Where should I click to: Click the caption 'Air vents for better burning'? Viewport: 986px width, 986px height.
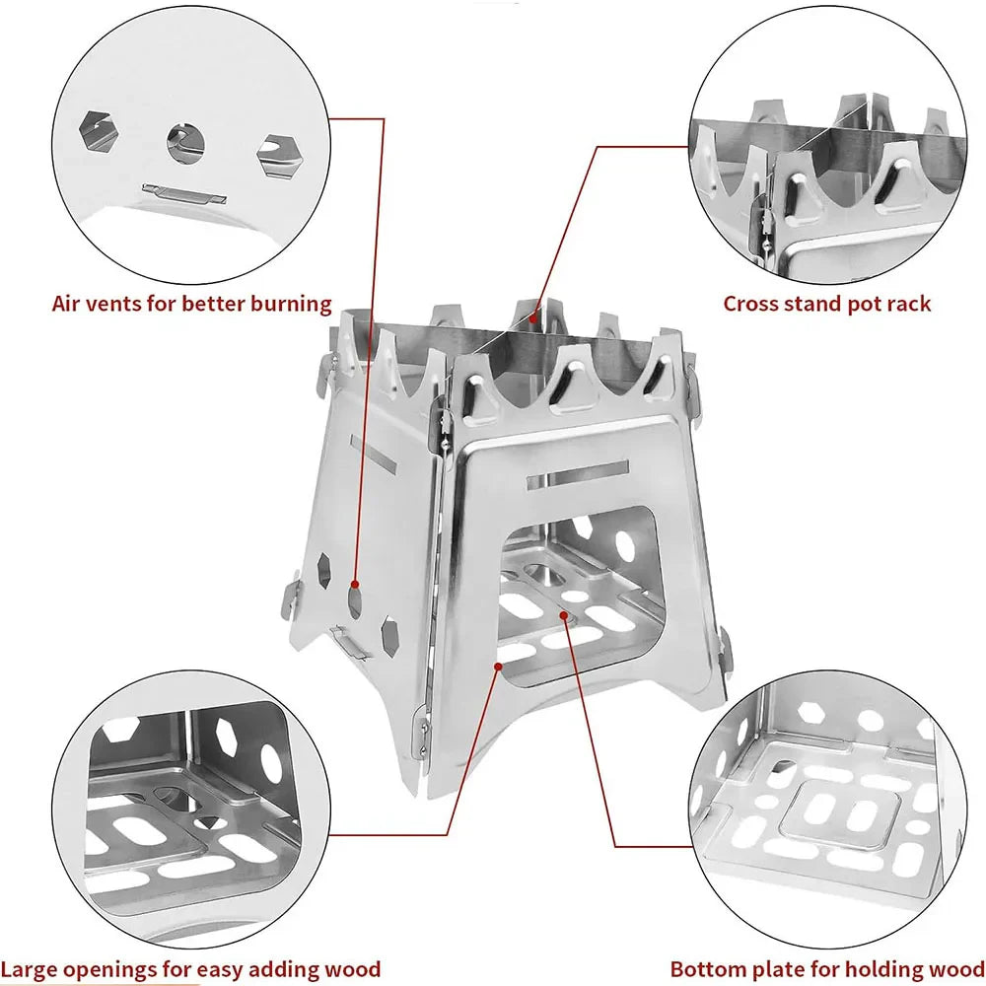click(x=191, y=303)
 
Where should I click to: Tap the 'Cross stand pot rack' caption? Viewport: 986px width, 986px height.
click(x=826, y=303)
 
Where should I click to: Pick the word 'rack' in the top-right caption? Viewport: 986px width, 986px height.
click(x=908, y=303)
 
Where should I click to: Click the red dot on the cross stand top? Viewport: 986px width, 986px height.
click(x=533, y=317)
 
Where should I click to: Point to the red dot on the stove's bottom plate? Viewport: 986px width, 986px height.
click(x=564, y=615)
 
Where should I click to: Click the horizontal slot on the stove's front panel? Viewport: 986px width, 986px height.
click(x=577, y=473)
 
